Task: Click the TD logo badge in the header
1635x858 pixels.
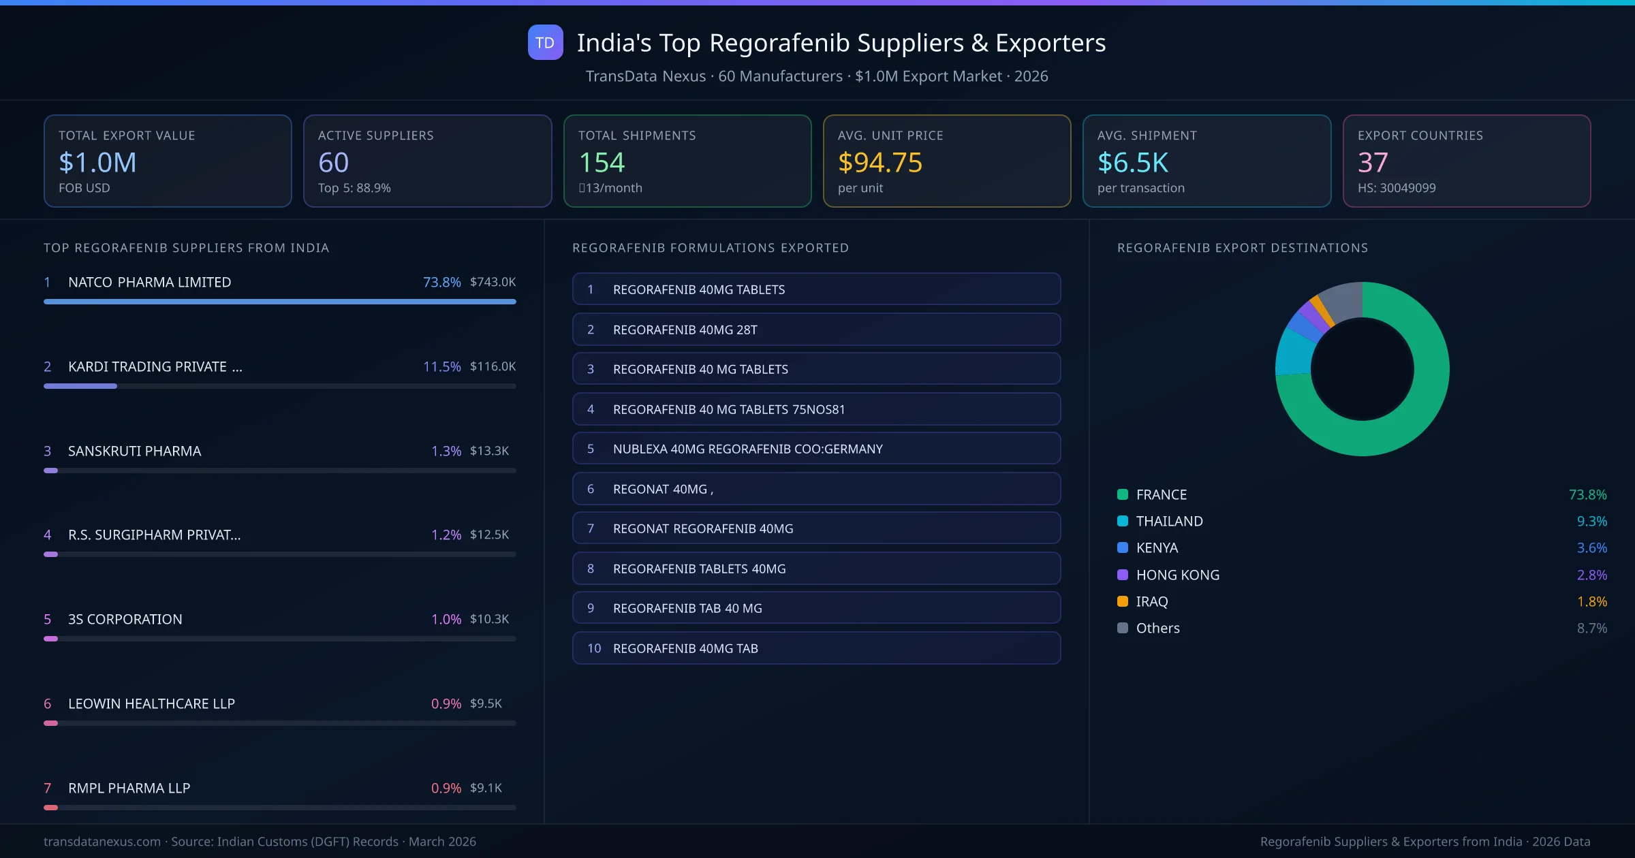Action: point(545,42)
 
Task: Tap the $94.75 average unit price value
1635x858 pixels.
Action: point(879,163)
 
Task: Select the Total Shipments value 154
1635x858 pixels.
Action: point(601,163)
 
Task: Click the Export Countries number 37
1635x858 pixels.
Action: point(1372,163)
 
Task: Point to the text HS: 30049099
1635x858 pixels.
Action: point(1396,188)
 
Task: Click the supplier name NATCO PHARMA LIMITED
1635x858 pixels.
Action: point(149,282)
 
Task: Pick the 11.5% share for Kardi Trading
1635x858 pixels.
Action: point(441,366)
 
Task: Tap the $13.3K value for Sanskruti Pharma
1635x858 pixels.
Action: point(489,451)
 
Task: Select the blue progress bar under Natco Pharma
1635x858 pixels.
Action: point(279,302)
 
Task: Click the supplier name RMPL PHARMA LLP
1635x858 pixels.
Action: point(129,788)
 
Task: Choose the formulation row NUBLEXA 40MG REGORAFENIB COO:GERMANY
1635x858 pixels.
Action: point(747,449)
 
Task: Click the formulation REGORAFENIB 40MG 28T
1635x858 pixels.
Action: point(685,330)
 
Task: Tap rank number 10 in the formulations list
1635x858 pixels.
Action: point(594,648)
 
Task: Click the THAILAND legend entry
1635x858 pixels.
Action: point(1169,521)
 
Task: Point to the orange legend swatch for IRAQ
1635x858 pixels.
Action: point(1123,601)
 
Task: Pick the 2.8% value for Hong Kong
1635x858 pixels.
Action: point(1591,575)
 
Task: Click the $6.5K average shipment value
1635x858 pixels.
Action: point(1132,163)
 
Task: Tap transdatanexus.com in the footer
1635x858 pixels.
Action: point(102,842)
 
